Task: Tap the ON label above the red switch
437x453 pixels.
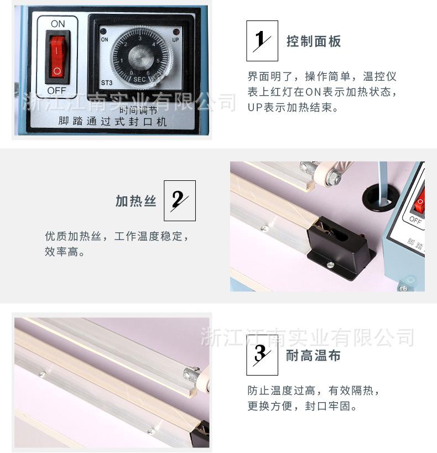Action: point(58,24)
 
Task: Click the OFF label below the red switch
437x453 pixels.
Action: point(56,90)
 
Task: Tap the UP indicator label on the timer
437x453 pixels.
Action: point(175,40)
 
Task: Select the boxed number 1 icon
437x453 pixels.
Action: point(262,41)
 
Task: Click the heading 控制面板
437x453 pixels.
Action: point(314,41)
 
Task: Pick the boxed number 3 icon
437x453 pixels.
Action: point(262,355)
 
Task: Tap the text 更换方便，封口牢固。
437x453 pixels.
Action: point(302,407)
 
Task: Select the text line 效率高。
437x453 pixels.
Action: point(65,252)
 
